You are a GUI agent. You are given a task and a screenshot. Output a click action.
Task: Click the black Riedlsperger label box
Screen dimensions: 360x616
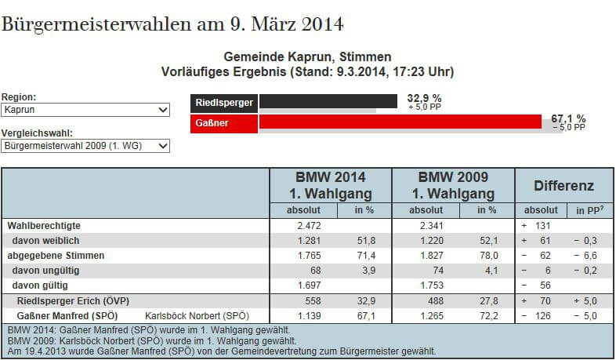tap(224, 102)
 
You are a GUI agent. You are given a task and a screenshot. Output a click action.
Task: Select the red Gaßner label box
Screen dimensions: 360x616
tap(224, 124)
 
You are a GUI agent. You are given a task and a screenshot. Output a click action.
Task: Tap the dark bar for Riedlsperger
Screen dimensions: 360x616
tap(328, 101)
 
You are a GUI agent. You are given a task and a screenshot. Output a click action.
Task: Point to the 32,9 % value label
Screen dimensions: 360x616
tap(425, 99)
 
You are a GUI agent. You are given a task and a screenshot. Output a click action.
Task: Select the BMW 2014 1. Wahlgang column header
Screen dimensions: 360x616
tap(329, 185)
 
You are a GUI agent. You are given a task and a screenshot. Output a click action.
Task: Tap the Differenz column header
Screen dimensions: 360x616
tap(563, 186)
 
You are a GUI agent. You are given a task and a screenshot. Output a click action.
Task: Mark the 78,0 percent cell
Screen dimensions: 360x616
tap(488, 256)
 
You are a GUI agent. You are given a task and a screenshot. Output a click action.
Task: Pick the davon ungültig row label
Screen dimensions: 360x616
tap(45, 271)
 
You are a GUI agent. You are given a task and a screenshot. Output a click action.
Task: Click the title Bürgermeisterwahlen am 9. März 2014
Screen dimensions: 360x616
tap(173, 23)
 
